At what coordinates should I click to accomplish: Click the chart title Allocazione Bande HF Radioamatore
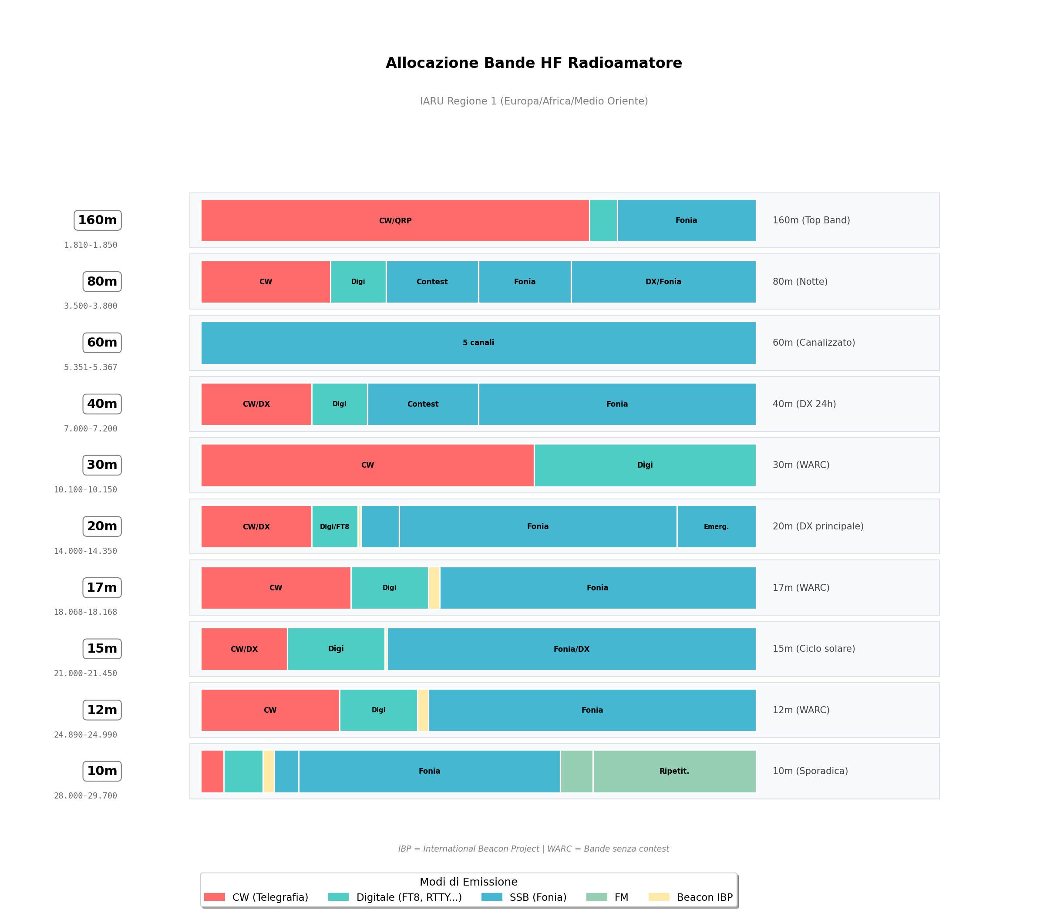tap(533, 63)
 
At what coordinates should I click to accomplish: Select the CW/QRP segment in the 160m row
tap(395, 220)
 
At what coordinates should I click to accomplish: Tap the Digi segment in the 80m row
tap(358, 281)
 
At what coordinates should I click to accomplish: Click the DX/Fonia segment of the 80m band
tap(663, 281)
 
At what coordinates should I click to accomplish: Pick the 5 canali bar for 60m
tap(478, 343)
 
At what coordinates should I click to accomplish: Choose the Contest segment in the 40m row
tap(422, 404)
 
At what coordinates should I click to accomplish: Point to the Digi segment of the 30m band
tap(645, 465)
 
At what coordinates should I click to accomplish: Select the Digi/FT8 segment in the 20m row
tap(334, 526)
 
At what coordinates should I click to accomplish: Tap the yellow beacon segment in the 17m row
tap(434, 588)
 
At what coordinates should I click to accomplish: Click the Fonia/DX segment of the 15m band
tap(572, 649)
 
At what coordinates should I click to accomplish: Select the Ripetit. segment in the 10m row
tap(674, 771)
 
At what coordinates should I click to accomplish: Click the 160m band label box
tap(98, 220)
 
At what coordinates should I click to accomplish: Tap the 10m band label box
tap(102, 771)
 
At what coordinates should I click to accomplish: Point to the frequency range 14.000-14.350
tap(85, 551)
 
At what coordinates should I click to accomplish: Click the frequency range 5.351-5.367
tap(91, 367)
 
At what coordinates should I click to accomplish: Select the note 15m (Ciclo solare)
tap(814, 649)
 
